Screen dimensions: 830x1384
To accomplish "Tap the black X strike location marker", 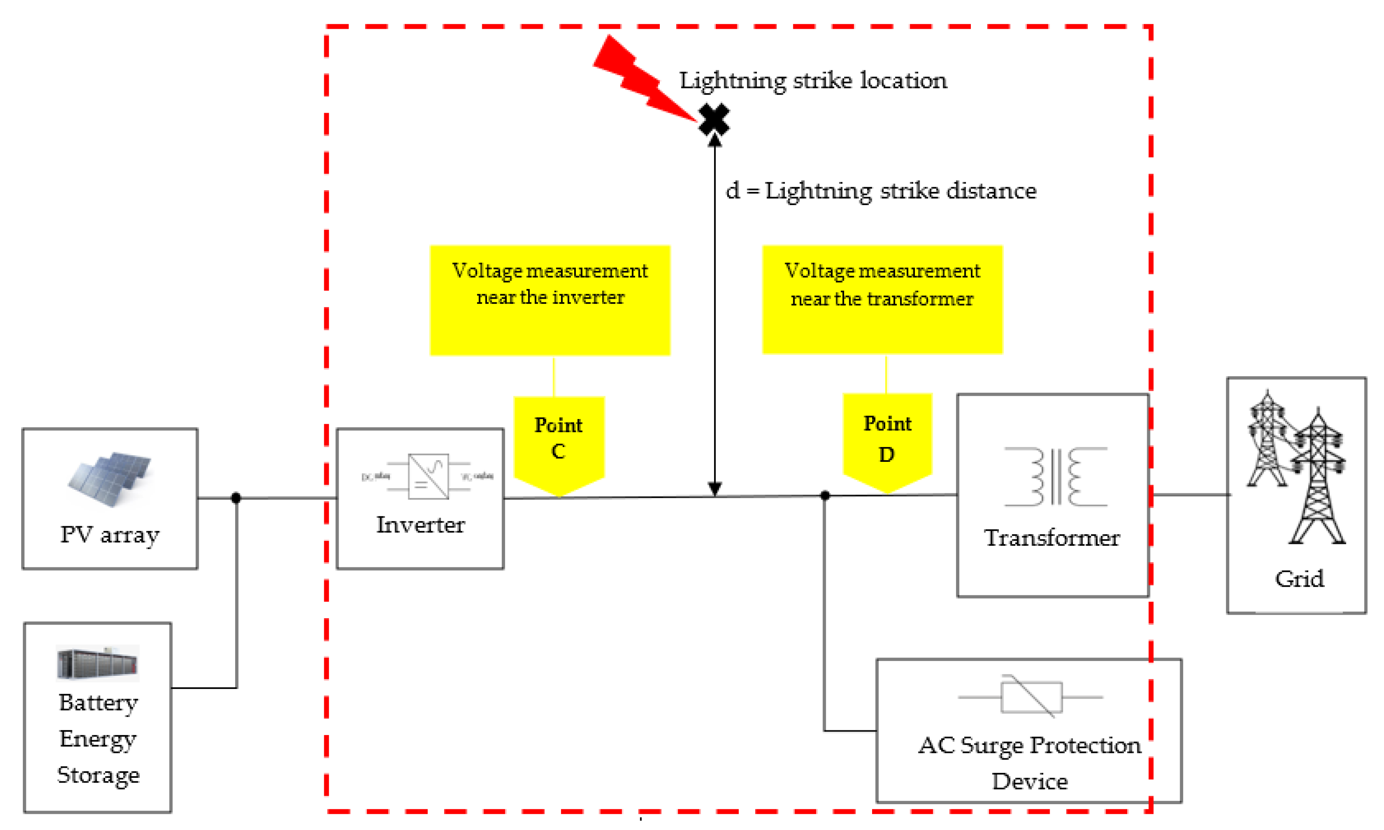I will click(714, 119).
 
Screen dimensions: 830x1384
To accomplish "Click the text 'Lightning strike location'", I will click(812, 81).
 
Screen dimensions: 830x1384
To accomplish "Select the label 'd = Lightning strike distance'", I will click(881, 191).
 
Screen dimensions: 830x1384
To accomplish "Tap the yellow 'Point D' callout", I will click(887, 441).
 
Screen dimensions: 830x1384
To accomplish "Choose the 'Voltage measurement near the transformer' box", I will click(882, 299).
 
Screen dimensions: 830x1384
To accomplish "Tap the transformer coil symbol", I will click(1055, 477).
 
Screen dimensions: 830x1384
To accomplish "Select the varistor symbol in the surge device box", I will click(1031, 697).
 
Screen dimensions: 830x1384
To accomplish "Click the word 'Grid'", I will click(1299, 579).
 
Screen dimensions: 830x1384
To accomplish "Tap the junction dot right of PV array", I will click(236, 497).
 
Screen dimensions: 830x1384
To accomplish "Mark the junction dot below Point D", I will click(825, 496).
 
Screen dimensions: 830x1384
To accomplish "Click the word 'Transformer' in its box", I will click(1052, 538).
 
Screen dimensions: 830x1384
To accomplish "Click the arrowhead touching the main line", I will click(714, 489).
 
